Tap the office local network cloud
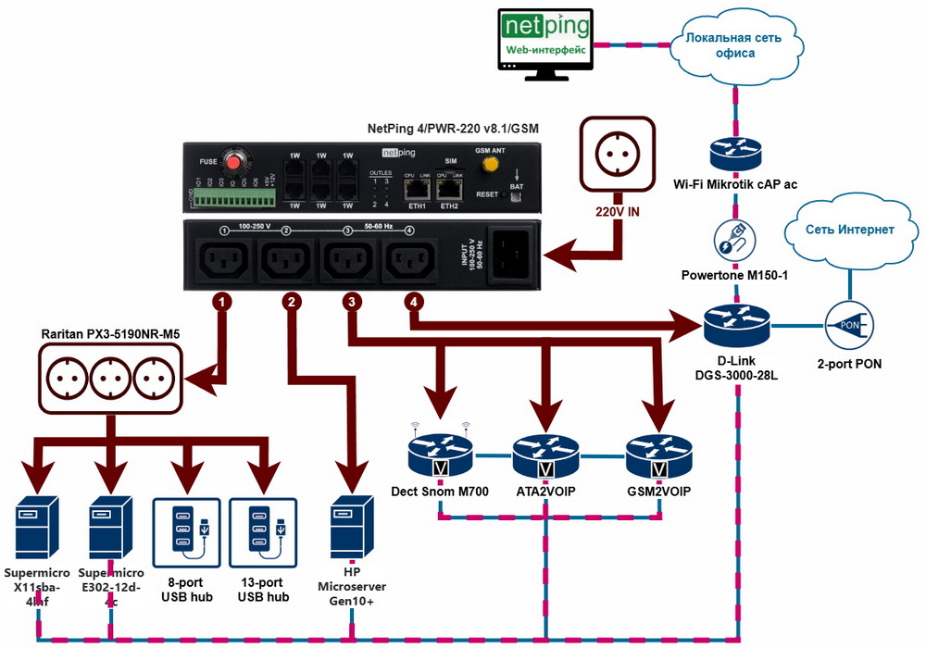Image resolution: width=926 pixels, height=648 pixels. point(733,44)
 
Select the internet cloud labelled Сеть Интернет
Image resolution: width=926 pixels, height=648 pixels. point(848,231)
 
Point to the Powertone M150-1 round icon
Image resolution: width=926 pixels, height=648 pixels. point(734,238)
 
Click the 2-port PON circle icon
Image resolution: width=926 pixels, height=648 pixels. point(848,326)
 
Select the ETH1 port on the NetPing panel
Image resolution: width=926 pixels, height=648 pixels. point(416,189)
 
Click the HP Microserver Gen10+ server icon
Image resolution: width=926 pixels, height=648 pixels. point(353,529)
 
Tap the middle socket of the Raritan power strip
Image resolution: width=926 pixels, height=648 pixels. point(111,378)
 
